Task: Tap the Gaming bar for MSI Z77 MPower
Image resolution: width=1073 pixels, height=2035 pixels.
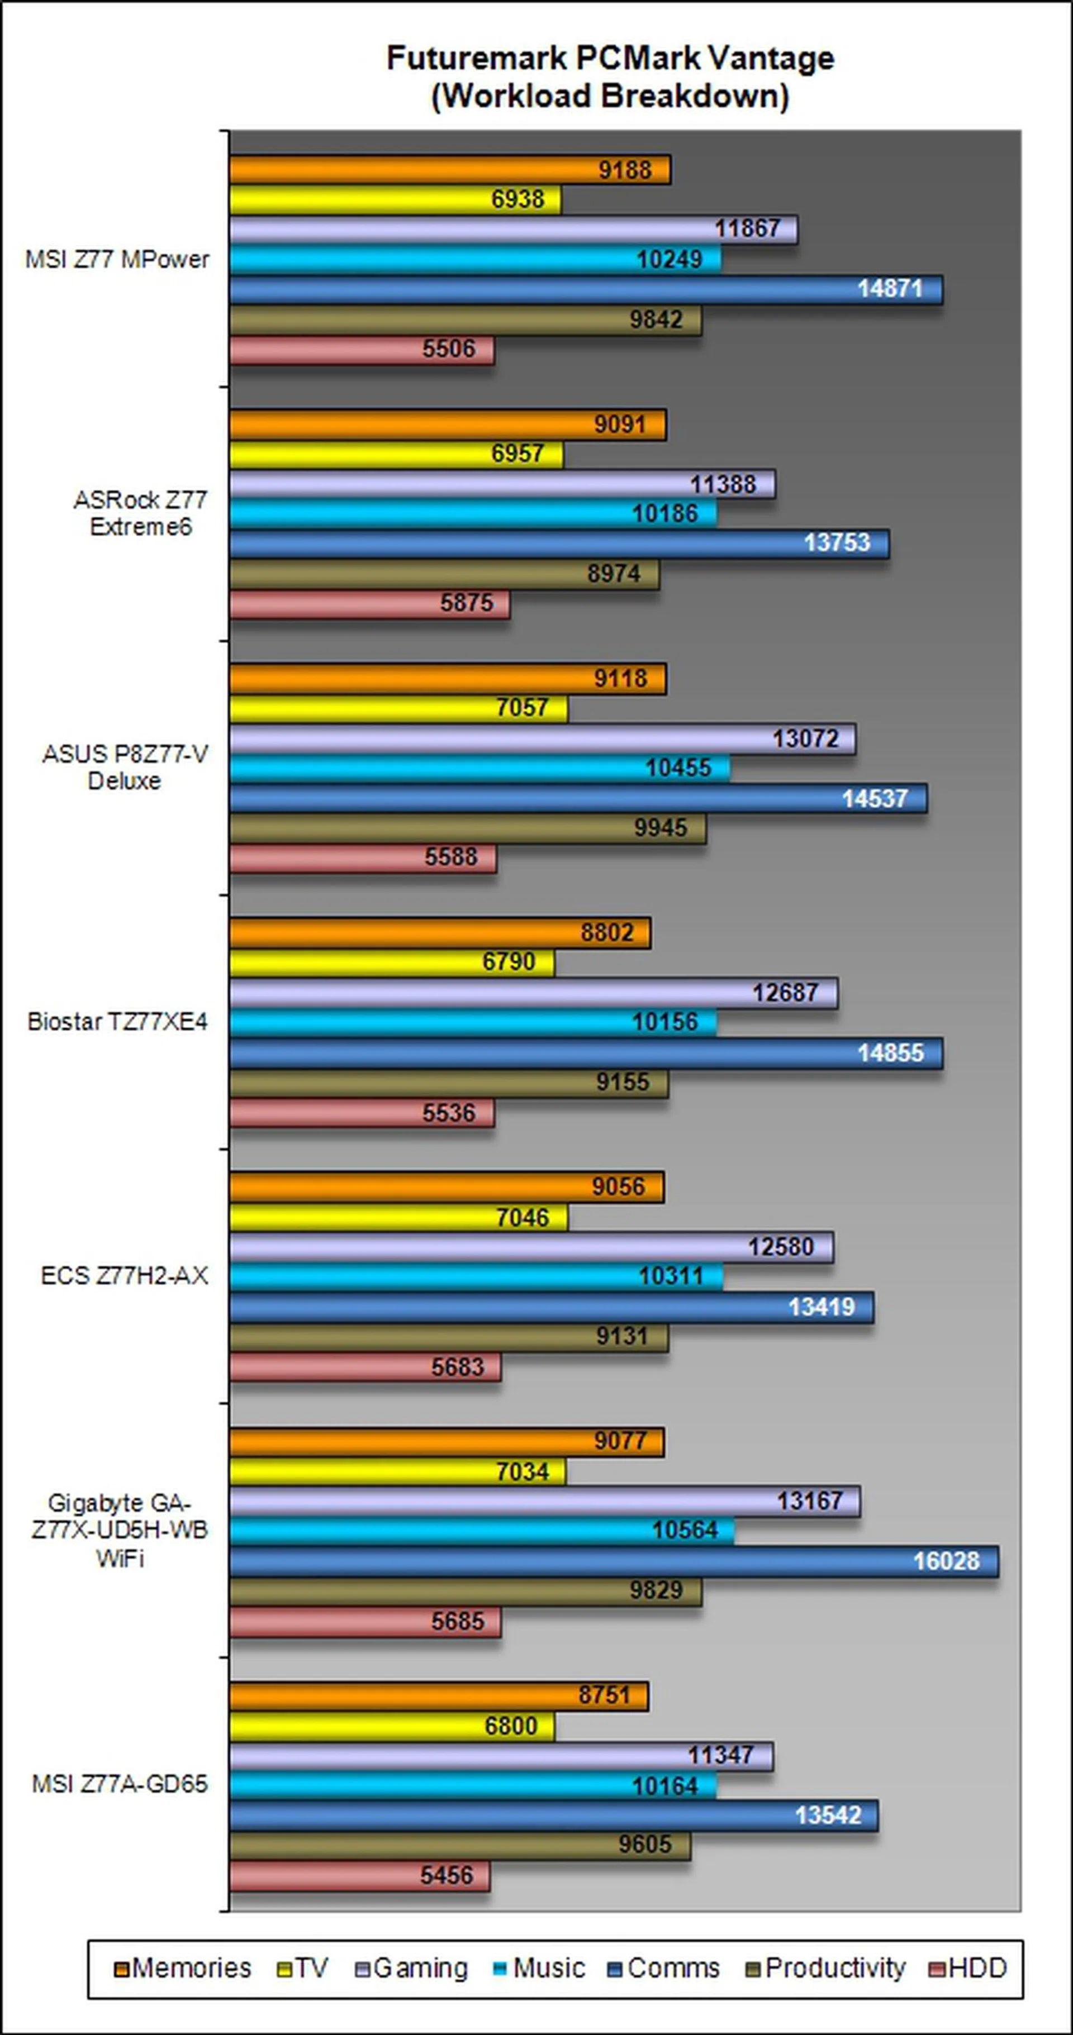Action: (513, 229)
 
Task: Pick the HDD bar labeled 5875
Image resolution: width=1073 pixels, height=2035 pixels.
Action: (369, 603)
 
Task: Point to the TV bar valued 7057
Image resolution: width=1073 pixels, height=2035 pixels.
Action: (398, 708)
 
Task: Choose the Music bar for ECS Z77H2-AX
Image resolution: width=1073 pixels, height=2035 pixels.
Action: (476, 1276)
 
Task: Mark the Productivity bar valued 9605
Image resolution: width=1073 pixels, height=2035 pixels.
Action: (460, 1846)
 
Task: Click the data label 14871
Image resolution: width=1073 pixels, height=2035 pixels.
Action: (890, 289)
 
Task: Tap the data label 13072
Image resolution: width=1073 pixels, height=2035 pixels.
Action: (805, 738)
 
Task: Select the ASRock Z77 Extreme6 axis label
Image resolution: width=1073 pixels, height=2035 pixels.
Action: (141, 513)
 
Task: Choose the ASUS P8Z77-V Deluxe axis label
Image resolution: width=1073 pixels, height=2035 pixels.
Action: (125, 767)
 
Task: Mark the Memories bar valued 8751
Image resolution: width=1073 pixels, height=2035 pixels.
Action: (439, 1695)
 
